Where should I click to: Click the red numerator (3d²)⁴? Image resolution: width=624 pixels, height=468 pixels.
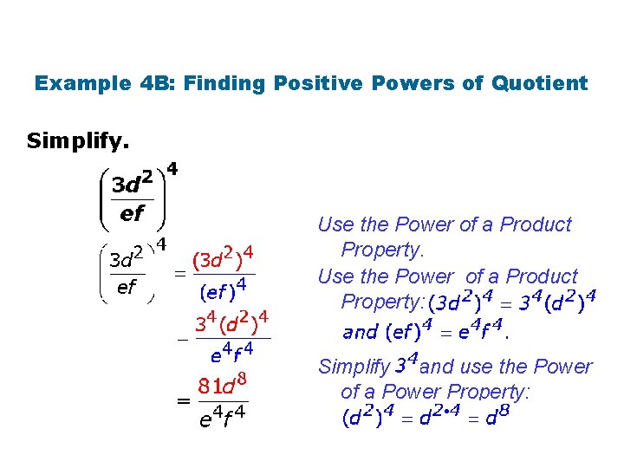[223, 257]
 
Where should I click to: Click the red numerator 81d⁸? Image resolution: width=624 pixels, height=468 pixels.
[223, 384]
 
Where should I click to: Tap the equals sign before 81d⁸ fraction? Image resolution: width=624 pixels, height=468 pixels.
[183, 401]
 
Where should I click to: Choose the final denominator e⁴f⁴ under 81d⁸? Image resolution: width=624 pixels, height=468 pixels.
[223, 420]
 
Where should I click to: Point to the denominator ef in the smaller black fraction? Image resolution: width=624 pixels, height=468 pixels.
[126, 286]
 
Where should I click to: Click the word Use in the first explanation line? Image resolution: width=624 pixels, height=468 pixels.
[335, 224]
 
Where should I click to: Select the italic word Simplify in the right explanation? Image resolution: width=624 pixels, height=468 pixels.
[354, 367]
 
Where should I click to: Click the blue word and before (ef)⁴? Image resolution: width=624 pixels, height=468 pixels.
[361, 331]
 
